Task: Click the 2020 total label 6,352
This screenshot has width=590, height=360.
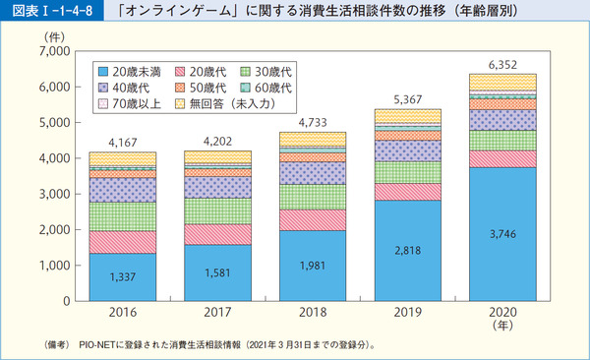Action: pos(502,63)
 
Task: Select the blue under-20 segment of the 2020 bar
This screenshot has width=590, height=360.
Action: pos(502,234)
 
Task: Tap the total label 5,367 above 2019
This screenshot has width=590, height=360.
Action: pos(407,98)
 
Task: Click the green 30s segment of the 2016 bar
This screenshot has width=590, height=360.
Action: pos(123,216)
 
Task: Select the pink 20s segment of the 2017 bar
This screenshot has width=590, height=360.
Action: pos(217,234)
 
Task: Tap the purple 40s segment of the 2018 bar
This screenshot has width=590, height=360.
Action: pos(313,173)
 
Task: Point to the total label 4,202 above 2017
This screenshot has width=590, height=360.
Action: pos(217,140)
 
